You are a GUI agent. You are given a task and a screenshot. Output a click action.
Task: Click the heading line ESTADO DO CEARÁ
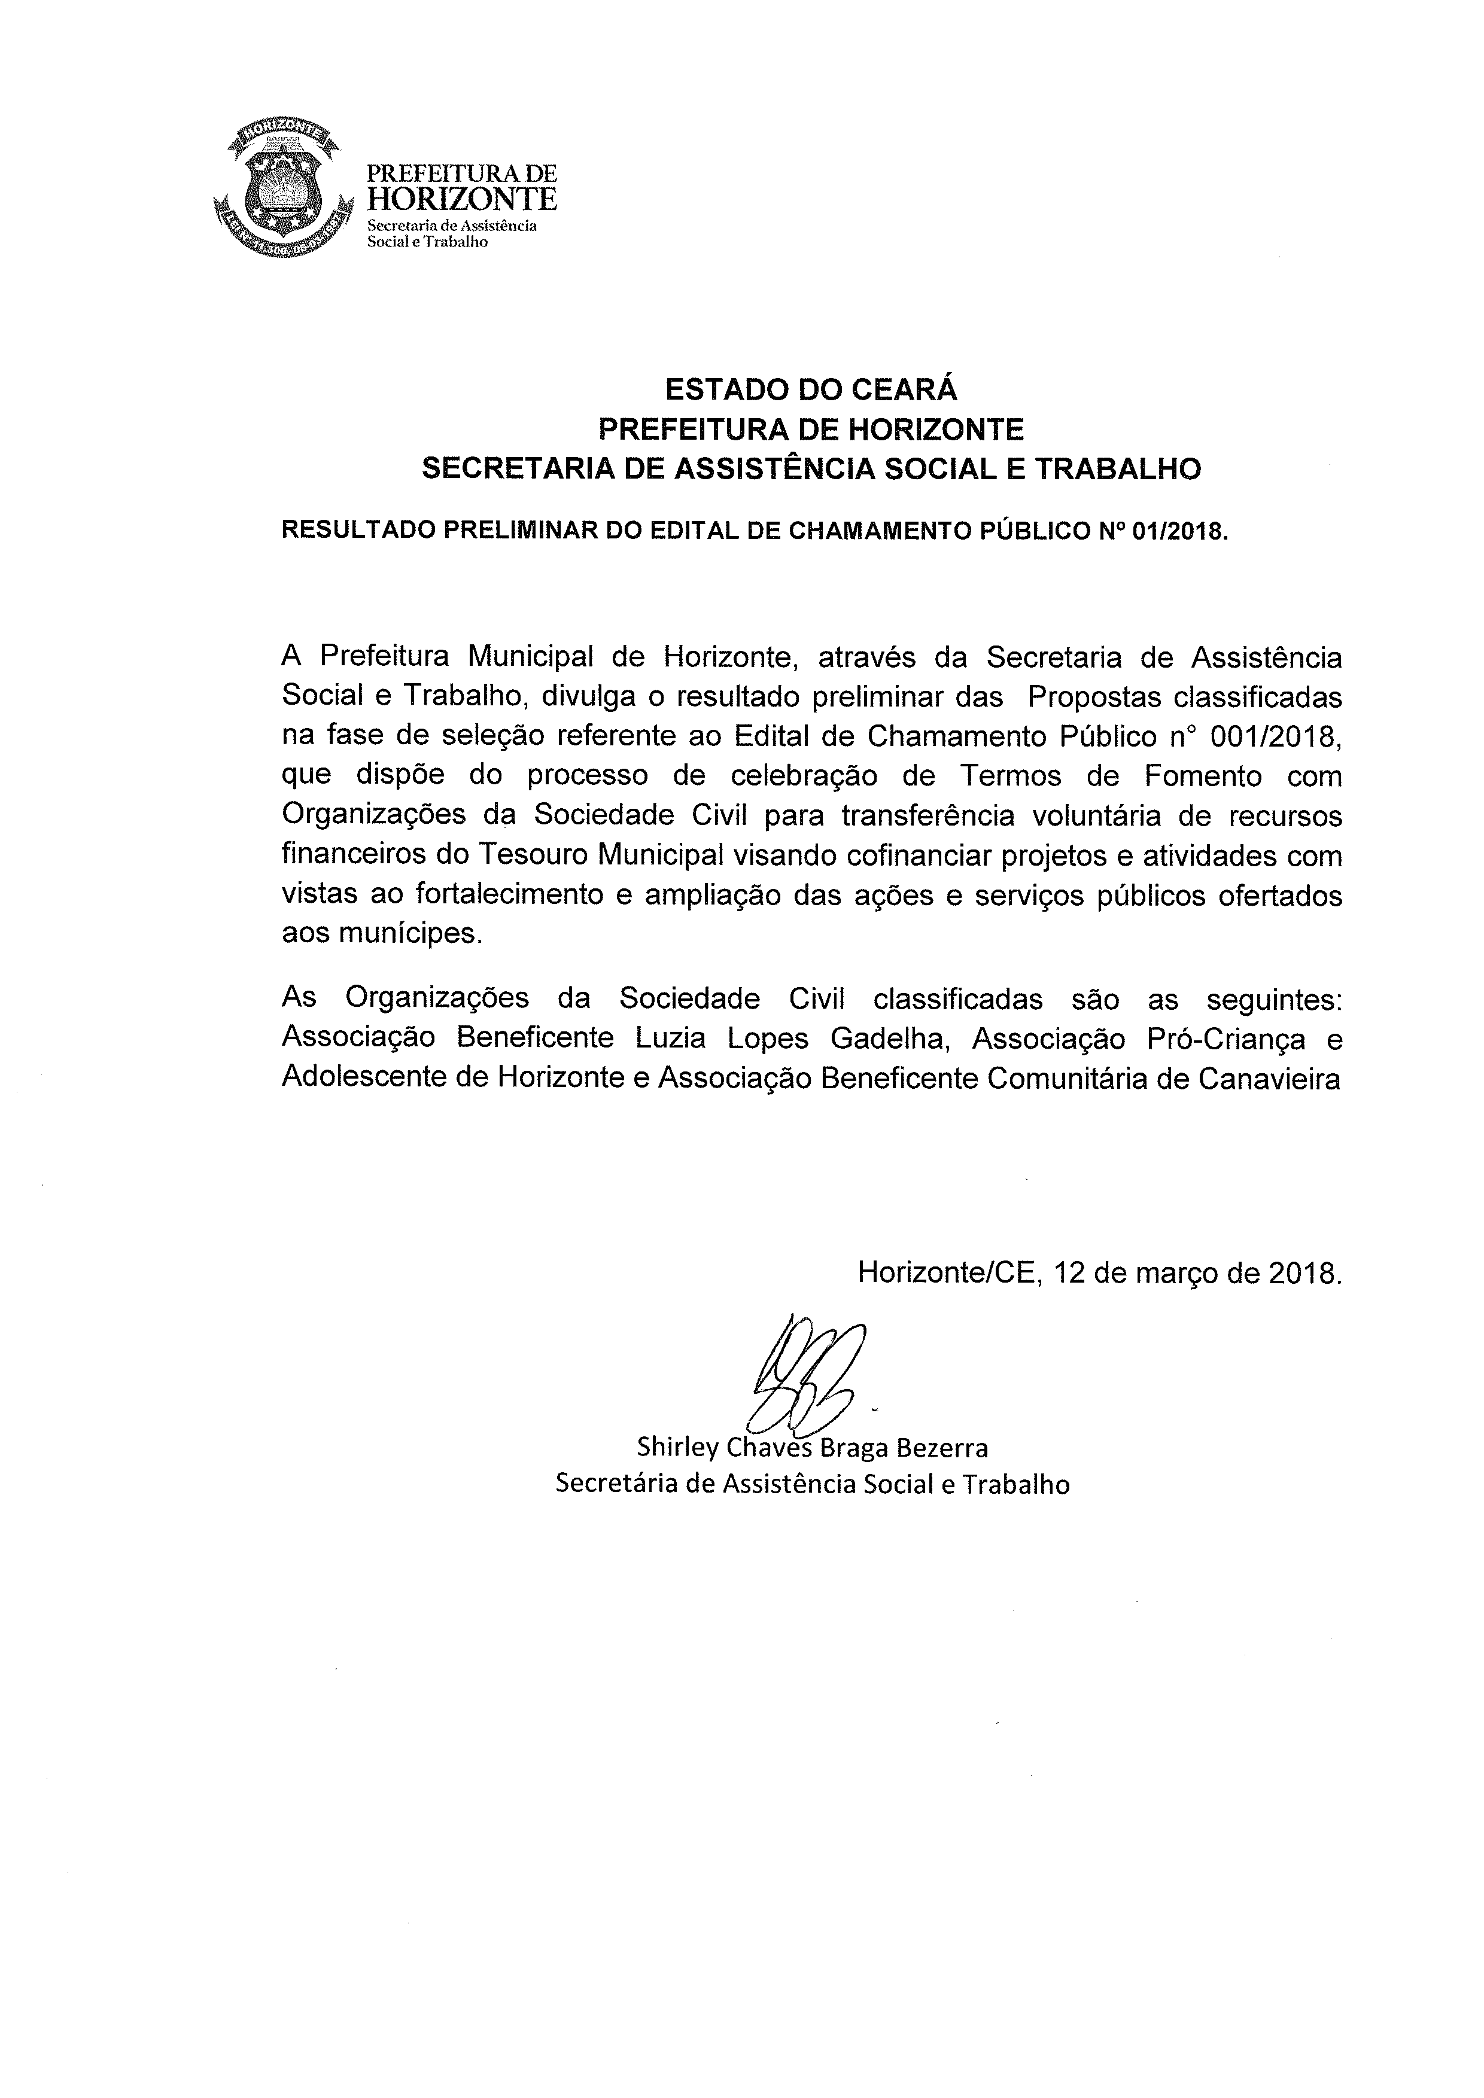point(811,390)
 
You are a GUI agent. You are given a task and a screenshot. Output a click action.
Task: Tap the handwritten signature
point(804,1380)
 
